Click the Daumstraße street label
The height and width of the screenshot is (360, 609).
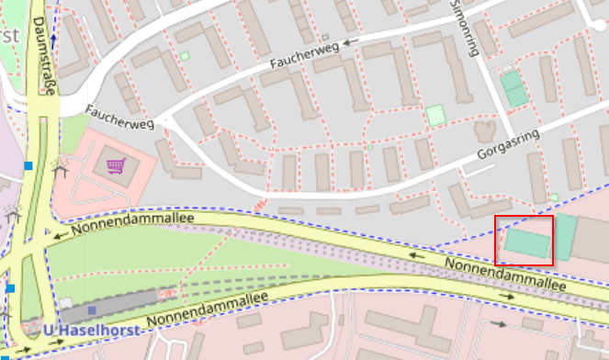tap(42, 56)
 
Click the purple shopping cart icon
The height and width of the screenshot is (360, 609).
tap(116, 166)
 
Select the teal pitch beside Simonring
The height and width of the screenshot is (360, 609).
tap(514, 88)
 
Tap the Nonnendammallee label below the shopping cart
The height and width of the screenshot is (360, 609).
tap(128, 226)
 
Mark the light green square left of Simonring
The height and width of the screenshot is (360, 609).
tap(434, 115)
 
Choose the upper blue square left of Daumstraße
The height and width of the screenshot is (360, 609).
tap(29, 165)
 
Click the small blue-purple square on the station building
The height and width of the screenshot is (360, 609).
tap(92, 309)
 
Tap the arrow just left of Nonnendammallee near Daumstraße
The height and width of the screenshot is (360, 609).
tap(58, 235)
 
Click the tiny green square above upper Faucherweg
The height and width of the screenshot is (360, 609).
tap(185, 57)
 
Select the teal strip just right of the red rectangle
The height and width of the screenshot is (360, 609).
tap(565, 238)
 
